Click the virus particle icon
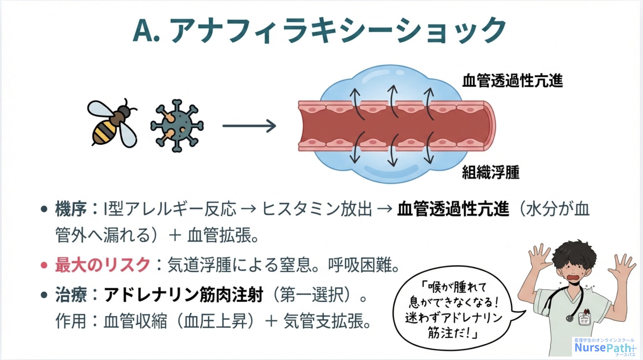pyautogui.click(x=177, y=125)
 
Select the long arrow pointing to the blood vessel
pyautogui.click(x=249, y=126)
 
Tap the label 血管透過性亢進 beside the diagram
pyautogui.click(x=512, y=81)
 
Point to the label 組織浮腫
pyautogui.click(x=490, y=172)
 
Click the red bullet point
pyautogui.click(x=44, y=265)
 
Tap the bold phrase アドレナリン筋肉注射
pyautogui.click(x=183, y=295)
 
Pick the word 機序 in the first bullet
pyautogui.click(x=71, y=209)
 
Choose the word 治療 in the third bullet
pyautogui.click(x=71, y=295)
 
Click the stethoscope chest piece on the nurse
pyautogui.click(x=570, y=317)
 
